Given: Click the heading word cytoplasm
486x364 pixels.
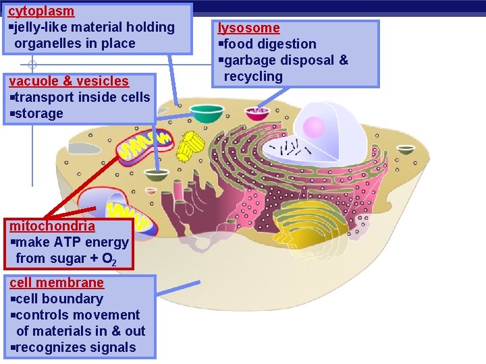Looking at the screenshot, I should point(41,11).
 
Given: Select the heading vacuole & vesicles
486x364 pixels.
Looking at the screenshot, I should point(67,81).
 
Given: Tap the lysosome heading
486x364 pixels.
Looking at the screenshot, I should point(248,28).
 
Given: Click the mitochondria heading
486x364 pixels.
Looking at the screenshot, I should point(52,226).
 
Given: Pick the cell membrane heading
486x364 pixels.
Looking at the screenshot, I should point(57,282).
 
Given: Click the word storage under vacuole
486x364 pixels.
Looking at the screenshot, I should point(38,113).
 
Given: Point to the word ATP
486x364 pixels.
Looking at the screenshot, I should point(77,242).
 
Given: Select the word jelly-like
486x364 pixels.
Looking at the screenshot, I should point(44,28).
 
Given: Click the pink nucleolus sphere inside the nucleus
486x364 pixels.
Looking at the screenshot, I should point(314,127).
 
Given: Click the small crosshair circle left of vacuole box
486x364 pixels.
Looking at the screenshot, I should point(32,66).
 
